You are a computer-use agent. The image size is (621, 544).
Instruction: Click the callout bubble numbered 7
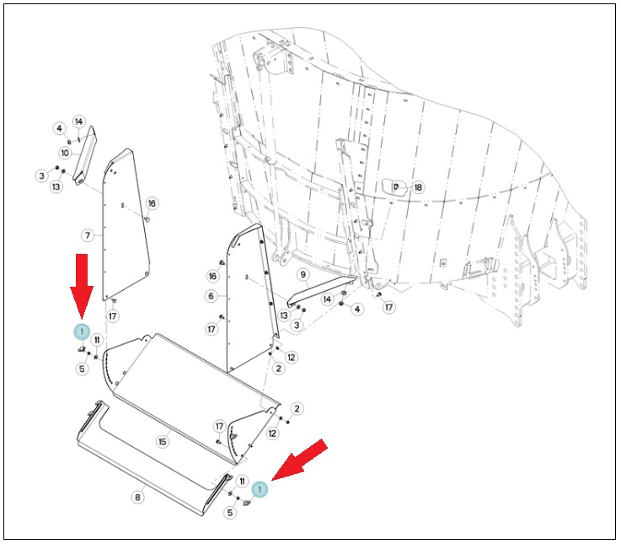pyautogui.click(x=88, y=235)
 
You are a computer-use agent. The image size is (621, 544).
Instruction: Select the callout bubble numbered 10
pyautogui.click(x=65, y=153)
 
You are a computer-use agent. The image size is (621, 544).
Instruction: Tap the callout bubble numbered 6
pyautogui.click(x=211, y=296)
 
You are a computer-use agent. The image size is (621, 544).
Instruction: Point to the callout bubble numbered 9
pyautogui.click(x=303, y=274)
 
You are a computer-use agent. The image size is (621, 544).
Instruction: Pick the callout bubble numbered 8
pyautogui.click(x=137, y=497)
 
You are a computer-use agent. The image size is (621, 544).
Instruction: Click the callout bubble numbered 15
pyautogui.click(x=163, y=441)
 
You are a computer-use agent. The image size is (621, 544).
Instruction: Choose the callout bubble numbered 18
pyautogui.click(x=418, y=187)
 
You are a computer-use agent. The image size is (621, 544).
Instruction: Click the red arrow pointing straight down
pyautogui.click(x=82, y=286)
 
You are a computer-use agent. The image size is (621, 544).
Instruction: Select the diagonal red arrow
pyautogui.click(x=300, y=460)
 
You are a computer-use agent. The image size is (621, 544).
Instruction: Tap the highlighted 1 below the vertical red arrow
pyautogui.click(x=82, y=331)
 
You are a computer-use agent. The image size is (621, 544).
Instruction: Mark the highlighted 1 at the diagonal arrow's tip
pyautogui.click(x=260, y=489)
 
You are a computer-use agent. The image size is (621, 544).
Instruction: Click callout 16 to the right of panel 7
pyautogui.click(x=152, y=203)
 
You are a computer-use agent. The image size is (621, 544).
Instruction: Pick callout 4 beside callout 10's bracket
pyautogui.click(x=60, y=128)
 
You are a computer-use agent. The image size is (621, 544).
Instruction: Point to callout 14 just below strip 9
pyautogui.click(x=327, y=299)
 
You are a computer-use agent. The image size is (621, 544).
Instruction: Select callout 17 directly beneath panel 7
pyautogui.click(x=113, y=316)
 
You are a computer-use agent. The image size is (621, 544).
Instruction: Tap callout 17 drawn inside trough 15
pyautogui.click(x=219, y=426)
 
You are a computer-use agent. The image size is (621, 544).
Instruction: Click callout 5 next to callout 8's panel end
pyautogui.click(x=230, y=512)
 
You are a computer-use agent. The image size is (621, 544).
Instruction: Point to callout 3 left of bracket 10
pyautogui.click(x=42, y=175)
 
